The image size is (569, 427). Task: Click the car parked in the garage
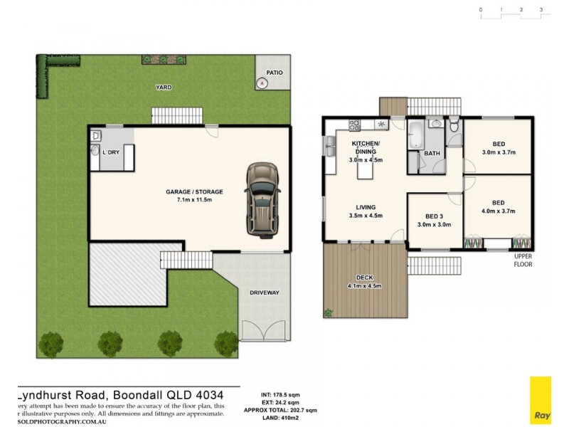tap(261, 199)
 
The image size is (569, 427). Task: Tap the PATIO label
tap(275, 73)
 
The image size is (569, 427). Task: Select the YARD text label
tap(164, 88)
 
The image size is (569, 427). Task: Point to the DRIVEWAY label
tap(263, 292)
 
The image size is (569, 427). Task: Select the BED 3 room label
tap(434, 216)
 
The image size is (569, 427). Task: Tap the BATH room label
tap(432, 153)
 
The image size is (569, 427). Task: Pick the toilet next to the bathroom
tap(455, 127)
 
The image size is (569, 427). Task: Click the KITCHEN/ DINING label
tap(366, 147)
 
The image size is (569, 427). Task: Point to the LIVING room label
tap(366, 206)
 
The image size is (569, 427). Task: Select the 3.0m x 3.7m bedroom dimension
tap(498, 152)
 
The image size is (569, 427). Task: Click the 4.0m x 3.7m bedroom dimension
tap(498, 211)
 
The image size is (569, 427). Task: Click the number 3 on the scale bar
tap(541, 10)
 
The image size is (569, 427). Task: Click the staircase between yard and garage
tap(177, 115)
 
